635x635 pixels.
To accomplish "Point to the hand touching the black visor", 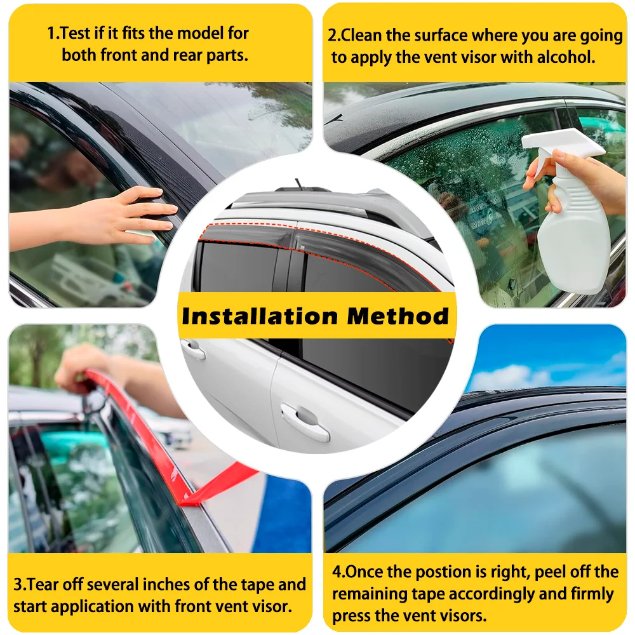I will click(127, 216).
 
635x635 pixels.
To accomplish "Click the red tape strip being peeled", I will click(171, 457).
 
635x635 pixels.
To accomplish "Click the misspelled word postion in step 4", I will click(478, 572).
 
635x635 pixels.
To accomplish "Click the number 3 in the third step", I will click(18, 584).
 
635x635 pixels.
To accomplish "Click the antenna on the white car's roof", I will click(298, 184).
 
